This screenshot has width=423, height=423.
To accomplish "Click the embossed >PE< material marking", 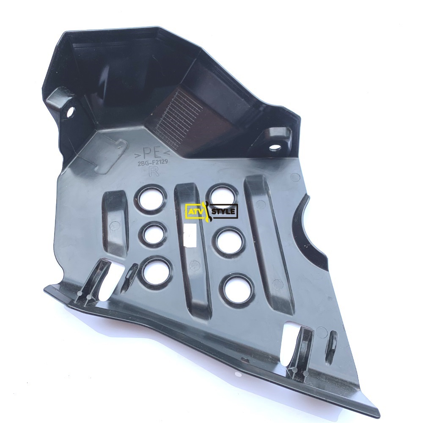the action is click(151, 154).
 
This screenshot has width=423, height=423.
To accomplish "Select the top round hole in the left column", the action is click(151, 200).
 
